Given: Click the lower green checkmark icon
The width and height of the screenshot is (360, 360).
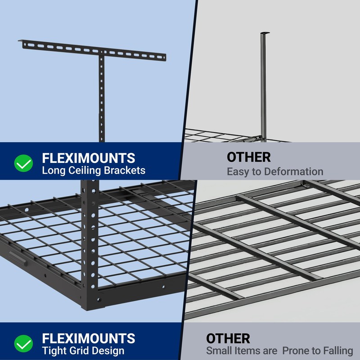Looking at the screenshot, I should point(23,344).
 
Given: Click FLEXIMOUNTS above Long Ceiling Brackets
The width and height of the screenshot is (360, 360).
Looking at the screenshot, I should point(89,158).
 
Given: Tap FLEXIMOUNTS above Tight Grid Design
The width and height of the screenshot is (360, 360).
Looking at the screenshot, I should point(89,338).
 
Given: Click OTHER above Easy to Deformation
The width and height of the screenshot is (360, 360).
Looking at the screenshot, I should point(248,157).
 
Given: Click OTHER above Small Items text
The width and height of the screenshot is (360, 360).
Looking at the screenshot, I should point(228,338).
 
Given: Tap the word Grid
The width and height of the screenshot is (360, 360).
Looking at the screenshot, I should point(79,351).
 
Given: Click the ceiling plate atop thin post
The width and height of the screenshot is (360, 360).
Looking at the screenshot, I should point(265,33).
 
